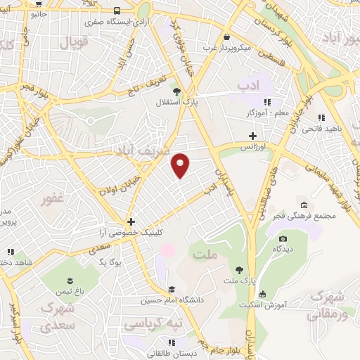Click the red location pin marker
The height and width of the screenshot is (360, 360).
[x=181, y=165]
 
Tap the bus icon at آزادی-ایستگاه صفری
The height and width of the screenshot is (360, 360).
[x=116, y=11]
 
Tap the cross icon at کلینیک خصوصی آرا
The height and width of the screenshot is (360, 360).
[x=131, y=221]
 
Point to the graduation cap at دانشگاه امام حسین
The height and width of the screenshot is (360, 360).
[x=172, y=289]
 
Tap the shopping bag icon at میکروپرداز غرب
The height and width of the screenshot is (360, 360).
[x=226, y=38]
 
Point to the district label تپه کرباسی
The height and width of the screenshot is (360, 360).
[x=153, y=325]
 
